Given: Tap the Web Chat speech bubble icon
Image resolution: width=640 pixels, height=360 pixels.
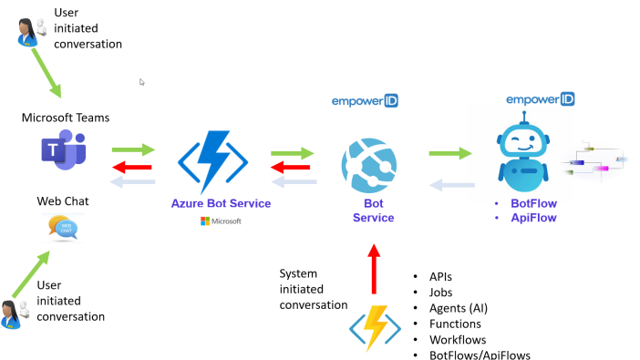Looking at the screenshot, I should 62,228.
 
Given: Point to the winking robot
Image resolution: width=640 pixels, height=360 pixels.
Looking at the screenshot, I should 523,151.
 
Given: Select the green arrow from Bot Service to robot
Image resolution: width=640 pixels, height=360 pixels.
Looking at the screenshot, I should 450,154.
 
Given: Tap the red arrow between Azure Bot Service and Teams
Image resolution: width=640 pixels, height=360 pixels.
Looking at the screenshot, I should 133,166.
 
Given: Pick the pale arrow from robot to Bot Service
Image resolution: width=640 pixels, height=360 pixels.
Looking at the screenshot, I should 450,186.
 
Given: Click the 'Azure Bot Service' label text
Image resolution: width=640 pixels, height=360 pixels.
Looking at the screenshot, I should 221,203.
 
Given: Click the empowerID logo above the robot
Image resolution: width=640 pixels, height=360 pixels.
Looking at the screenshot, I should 541,98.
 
